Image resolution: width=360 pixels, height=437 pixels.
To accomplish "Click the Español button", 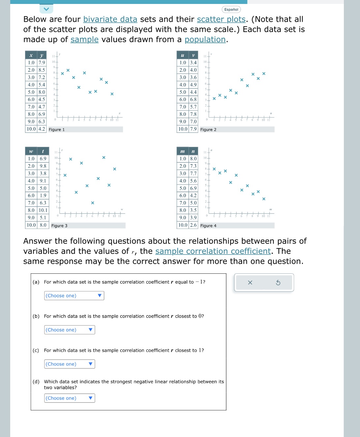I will [231, 10].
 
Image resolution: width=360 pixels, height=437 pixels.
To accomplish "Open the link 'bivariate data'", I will [110, 19].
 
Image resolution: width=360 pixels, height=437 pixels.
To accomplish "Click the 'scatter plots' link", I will [221, 19].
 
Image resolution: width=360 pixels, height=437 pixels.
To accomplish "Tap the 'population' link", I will [205, 40].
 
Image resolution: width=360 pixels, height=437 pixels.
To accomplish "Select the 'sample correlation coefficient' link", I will [213, 251].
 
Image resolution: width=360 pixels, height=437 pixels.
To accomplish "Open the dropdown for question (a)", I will [74, 296].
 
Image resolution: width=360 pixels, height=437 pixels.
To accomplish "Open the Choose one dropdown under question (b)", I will [69, 330].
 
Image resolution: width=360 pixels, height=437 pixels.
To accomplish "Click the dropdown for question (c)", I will [69, 364].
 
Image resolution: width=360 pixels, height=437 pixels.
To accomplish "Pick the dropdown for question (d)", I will [69, 398].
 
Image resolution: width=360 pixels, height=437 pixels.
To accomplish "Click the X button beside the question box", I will [250, 283].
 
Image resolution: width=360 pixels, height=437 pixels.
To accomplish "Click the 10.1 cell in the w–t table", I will [43, 210].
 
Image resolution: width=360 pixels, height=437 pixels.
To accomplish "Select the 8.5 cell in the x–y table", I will [42, 70].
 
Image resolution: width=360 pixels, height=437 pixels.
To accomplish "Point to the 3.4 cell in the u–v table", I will [193, 63].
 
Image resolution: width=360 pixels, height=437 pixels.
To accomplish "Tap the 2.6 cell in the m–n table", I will [193, 225].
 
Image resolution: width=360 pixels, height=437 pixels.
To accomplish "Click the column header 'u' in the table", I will [182, 55].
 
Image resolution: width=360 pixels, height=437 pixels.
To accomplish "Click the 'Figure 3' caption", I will [59, 226].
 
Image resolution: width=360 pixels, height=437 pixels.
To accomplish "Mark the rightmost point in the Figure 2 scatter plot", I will [264, 74].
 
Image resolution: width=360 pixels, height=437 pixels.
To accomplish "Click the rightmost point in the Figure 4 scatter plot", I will [264, 199].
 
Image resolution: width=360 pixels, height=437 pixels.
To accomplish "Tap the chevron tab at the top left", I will [46, 9].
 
